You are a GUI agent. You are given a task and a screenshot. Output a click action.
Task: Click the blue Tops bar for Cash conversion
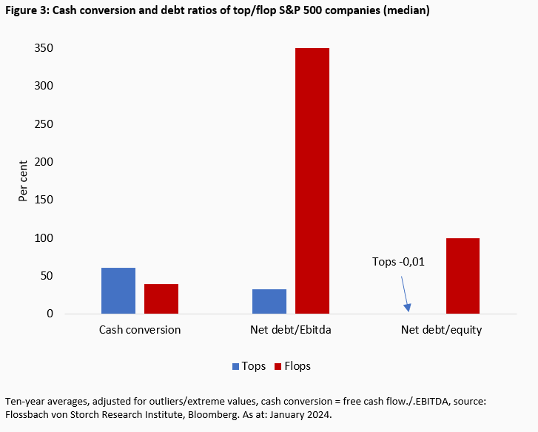click(118, 291)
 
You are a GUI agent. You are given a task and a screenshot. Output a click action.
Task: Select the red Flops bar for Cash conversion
click(161, 299)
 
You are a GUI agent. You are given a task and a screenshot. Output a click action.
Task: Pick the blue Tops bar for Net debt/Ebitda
click(269, 301)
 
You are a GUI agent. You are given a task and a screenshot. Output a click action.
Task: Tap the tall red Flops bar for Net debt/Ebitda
click(312, 180)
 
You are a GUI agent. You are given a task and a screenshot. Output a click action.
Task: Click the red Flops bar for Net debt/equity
click(463, 276)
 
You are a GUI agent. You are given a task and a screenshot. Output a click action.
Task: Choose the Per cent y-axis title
click(23, 180)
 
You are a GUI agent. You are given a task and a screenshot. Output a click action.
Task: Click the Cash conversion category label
click(140, 330)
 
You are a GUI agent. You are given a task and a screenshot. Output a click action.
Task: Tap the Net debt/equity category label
click(441, 330)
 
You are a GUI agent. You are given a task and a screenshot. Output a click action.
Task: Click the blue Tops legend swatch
click(236, 366)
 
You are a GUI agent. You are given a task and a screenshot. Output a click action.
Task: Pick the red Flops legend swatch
click(279, 366)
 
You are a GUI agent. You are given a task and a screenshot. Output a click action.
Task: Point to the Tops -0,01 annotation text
click(399, 262)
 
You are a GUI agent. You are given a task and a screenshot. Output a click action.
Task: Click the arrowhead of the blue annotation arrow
click(407, 308)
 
